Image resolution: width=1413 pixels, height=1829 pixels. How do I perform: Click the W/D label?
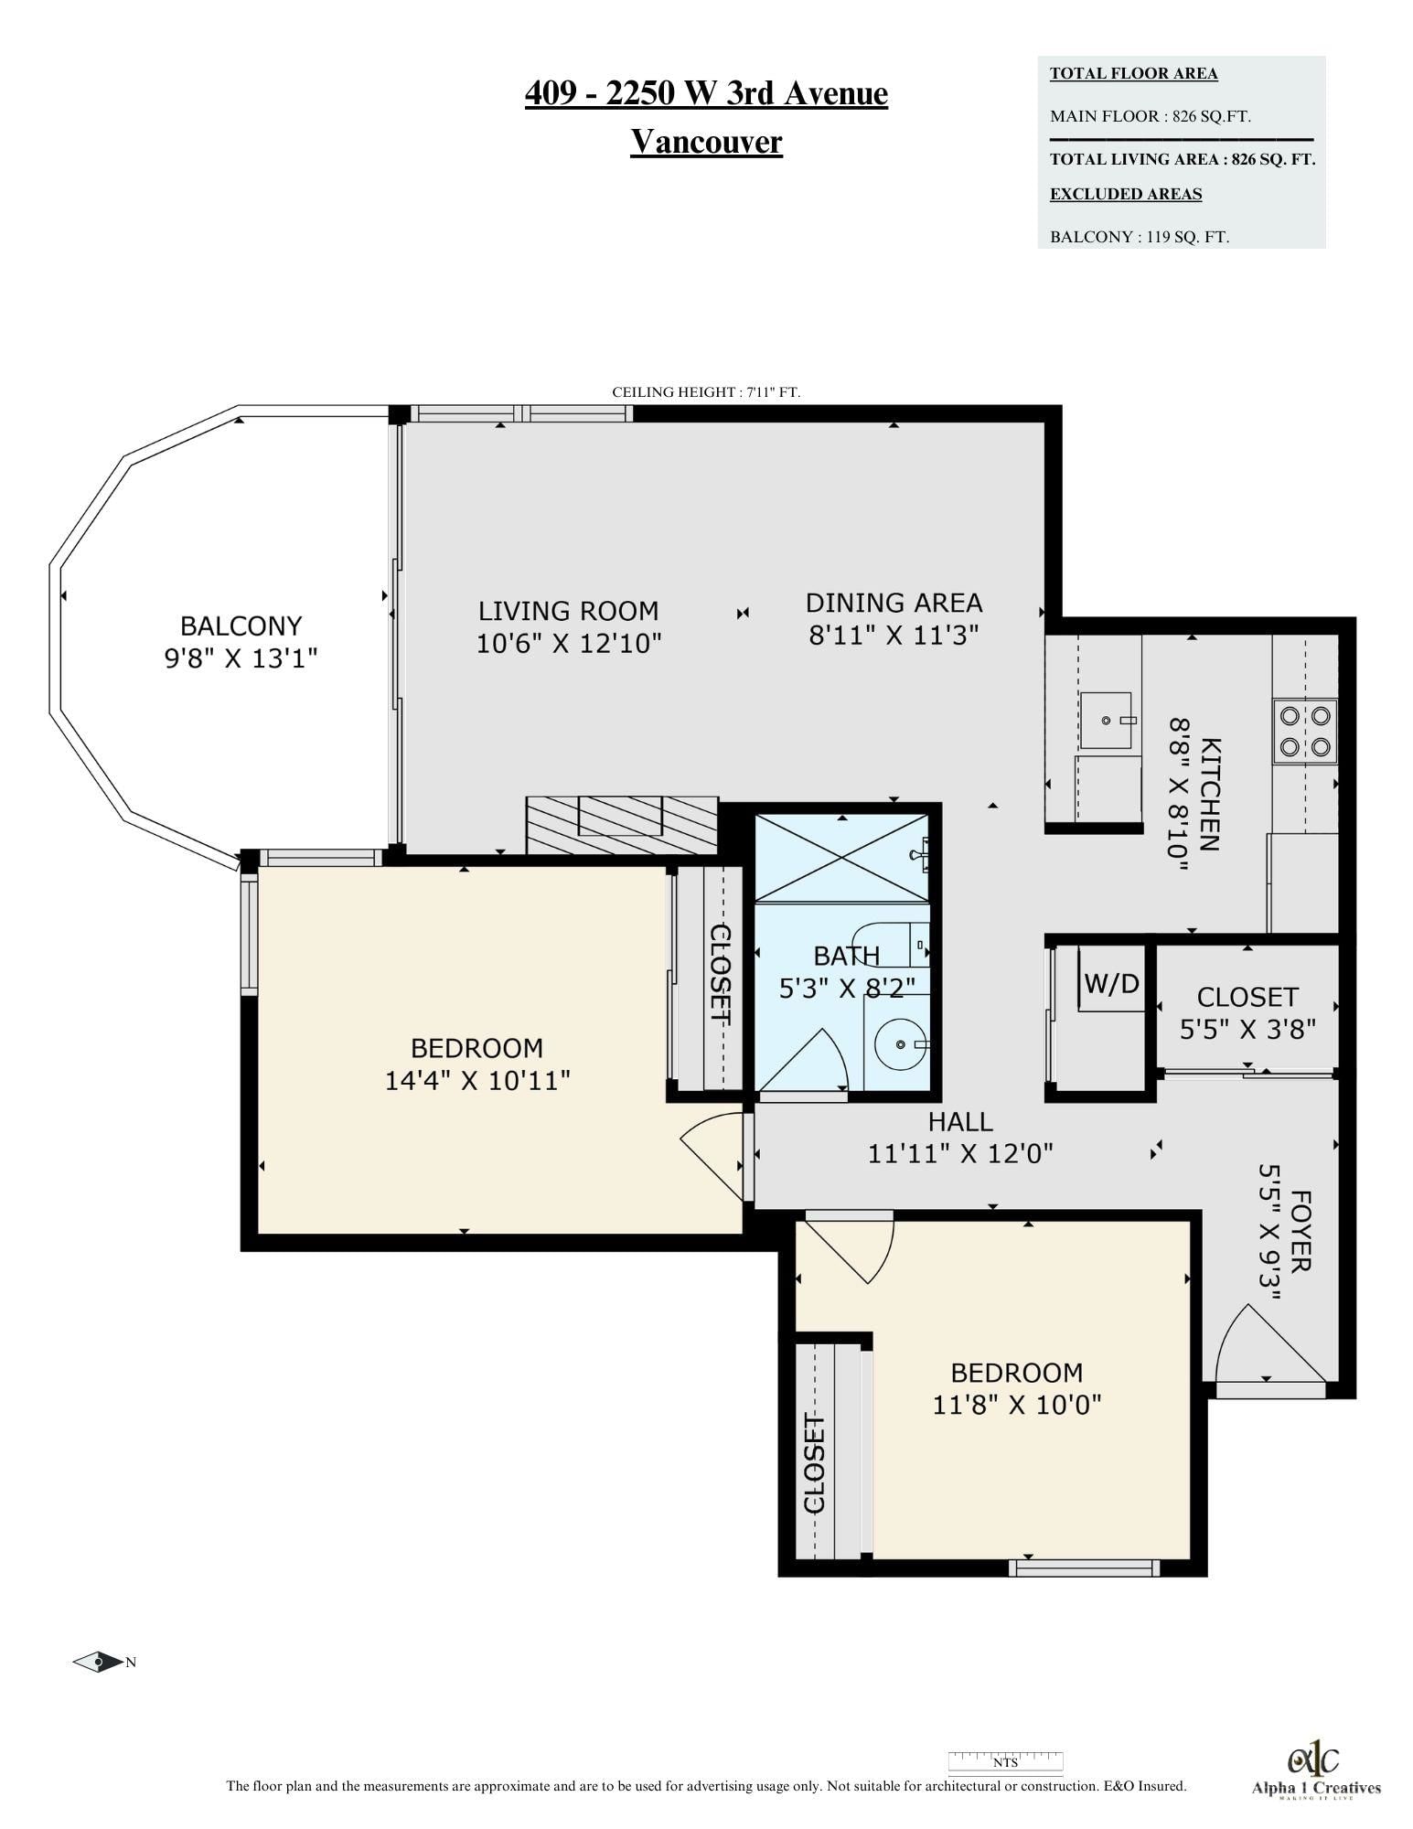pos(1111,983)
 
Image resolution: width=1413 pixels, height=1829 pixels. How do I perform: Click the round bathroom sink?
pos(902,1043)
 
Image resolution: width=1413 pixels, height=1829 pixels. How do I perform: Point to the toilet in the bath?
pos(891,944)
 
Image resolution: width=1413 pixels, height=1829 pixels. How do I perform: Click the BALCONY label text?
pos(241,626)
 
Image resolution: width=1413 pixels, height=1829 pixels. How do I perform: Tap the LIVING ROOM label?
pos(569,611)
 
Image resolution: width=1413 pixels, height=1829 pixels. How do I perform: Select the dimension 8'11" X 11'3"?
pos(894,635)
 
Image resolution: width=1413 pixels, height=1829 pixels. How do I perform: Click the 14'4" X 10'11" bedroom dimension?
pos(477,1081)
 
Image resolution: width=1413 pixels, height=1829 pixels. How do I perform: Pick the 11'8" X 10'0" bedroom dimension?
pos(1017,1404)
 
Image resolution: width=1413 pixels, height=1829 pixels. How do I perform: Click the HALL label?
pos(960,1121)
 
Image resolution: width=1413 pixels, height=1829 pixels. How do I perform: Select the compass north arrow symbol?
pos(98,1662)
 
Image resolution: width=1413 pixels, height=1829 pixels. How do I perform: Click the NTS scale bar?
pos(1005,1760)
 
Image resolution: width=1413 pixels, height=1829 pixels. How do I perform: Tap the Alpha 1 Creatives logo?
pos(1315,1770)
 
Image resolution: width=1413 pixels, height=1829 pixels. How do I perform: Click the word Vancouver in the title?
pos(706,142)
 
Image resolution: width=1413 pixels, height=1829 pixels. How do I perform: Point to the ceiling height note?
pos(706,392)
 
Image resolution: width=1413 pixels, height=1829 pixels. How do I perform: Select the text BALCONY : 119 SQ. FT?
pos(1140,237)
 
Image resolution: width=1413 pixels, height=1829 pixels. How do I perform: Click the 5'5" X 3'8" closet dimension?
pos(1247,1030)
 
